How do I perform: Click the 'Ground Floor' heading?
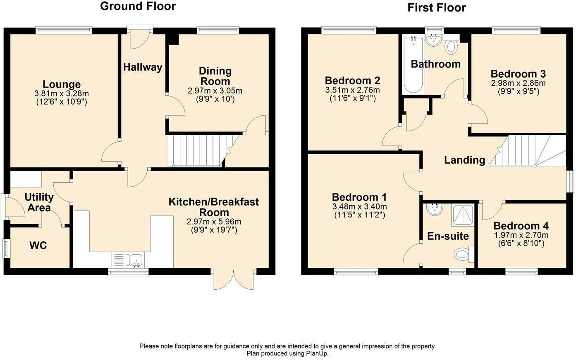(138, 6)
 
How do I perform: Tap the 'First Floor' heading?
(437, 8)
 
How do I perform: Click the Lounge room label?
(62, 84)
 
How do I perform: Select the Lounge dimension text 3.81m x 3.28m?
(62, 93)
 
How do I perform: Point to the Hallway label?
(143, 67)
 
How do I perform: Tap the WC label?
(38, 246)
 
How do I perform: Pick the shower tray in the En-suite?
(463, 216)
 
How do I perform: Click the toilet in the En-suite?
(464, 254)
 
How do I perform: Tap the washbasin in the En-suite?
(435, 209)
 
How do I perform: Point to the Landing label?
(465, 160)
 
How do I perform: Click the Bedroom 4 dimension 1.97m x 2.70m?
(521, 235)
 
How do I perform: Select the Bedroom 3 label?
(518, 74)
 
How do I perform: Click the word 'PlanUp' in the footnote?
(317, 354)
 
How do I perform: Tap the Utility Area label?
(39, 203)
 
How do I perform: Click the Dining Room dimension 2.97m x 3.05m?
(215, 91)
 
